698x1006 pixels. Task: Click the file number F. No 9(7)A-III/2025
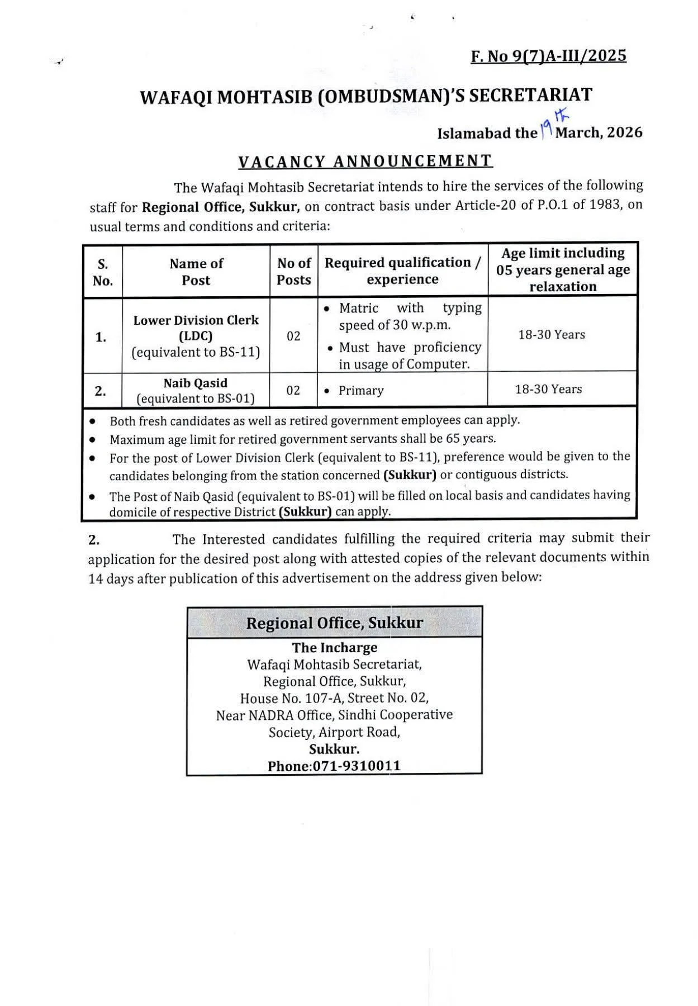549,56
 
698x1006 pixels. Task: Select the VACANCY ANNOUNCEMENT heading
365,161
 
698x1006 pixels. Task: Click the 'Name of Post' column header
196,272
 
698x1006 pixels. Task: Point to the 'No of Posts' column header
294,272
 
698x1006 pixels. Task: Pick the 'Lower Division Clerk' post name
196,320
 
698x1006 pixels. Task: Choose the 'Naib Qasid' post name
196,383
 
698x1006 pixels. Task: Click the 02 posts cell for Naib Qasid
293,390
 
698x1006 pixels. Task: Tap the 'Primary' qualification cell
361,390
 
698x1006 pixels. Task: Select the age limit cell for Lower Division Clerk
552,335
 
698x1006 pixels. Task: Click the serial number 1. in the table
101,337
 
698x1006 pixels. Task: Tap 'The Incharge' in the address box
335,648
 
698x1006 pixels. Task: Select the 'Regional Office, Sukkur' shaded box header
335,623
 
